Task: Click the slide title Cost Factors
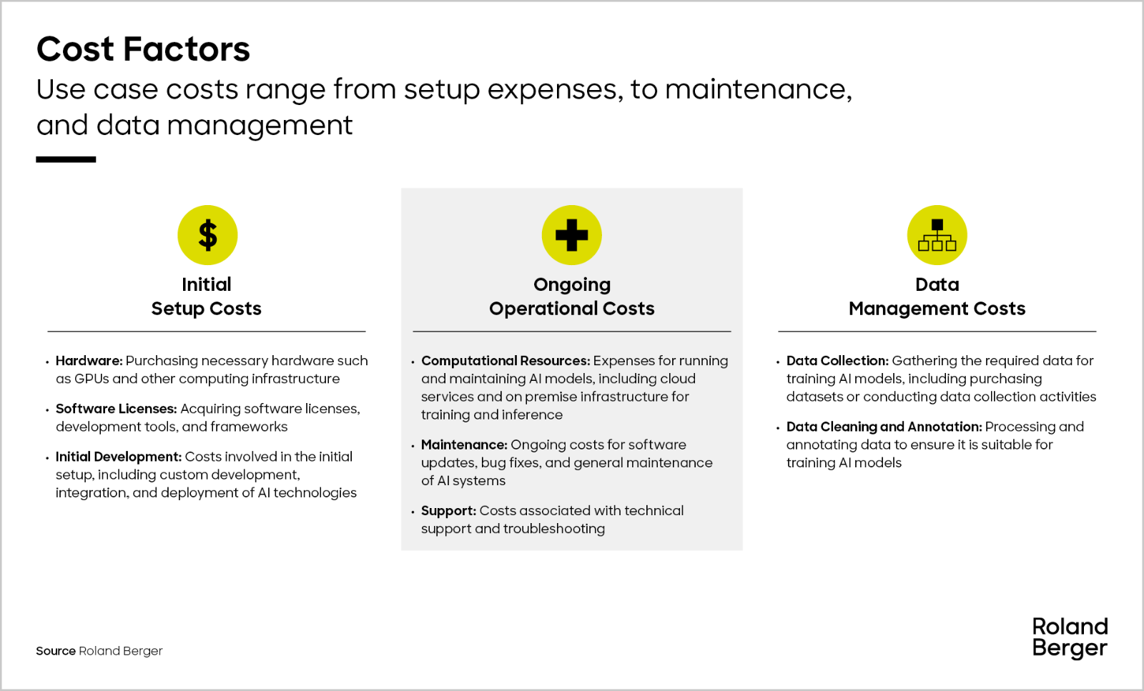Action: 143,49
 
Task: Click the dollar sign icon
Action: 207,235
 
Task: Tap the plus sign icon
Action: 571,235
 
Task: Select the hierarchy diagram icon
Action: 937,235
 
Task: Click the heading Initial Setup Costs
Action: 207,297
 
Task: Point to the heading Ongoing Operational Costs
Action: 571,297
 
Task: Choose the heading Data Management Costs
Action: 937,297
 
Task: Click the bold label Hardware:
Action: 89,361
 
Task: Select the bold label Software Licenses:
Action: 116,409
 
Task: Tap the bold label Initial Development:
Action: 119,457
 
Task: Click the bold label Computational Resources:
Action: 505,361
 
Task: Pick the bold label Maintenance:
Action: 464,444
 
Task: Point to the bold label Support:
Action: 448,511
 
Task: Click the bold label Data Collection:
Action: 837,361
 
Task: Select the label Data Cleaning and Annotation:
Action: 884,427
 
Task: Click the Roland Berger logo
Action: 1070,637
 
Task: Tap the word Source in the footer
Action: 56,651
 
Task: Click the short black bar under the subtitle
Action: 66,160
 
